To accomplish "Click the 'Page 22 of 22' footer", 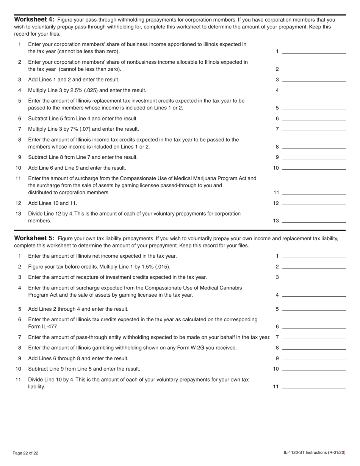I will click(x=25, y=453).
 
